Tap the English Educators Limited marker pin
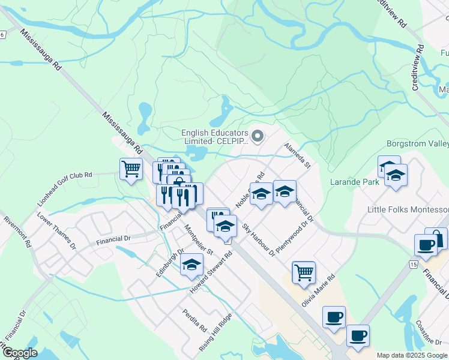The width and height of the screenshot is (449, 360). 258,137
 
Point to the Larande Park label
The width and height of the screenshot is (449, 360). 353,181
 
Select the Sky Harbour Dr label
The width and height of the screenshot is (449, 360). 258,239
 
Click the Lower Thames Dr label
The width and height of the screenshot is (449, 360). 56,231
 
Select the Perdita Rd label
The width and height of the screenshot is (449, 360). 195,321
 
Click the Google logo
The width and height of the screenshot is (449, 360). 20,353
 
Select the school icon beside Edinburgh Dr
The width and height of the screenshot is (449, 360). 191,265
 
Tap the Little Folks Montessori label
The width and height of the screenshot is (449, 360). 408,209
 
